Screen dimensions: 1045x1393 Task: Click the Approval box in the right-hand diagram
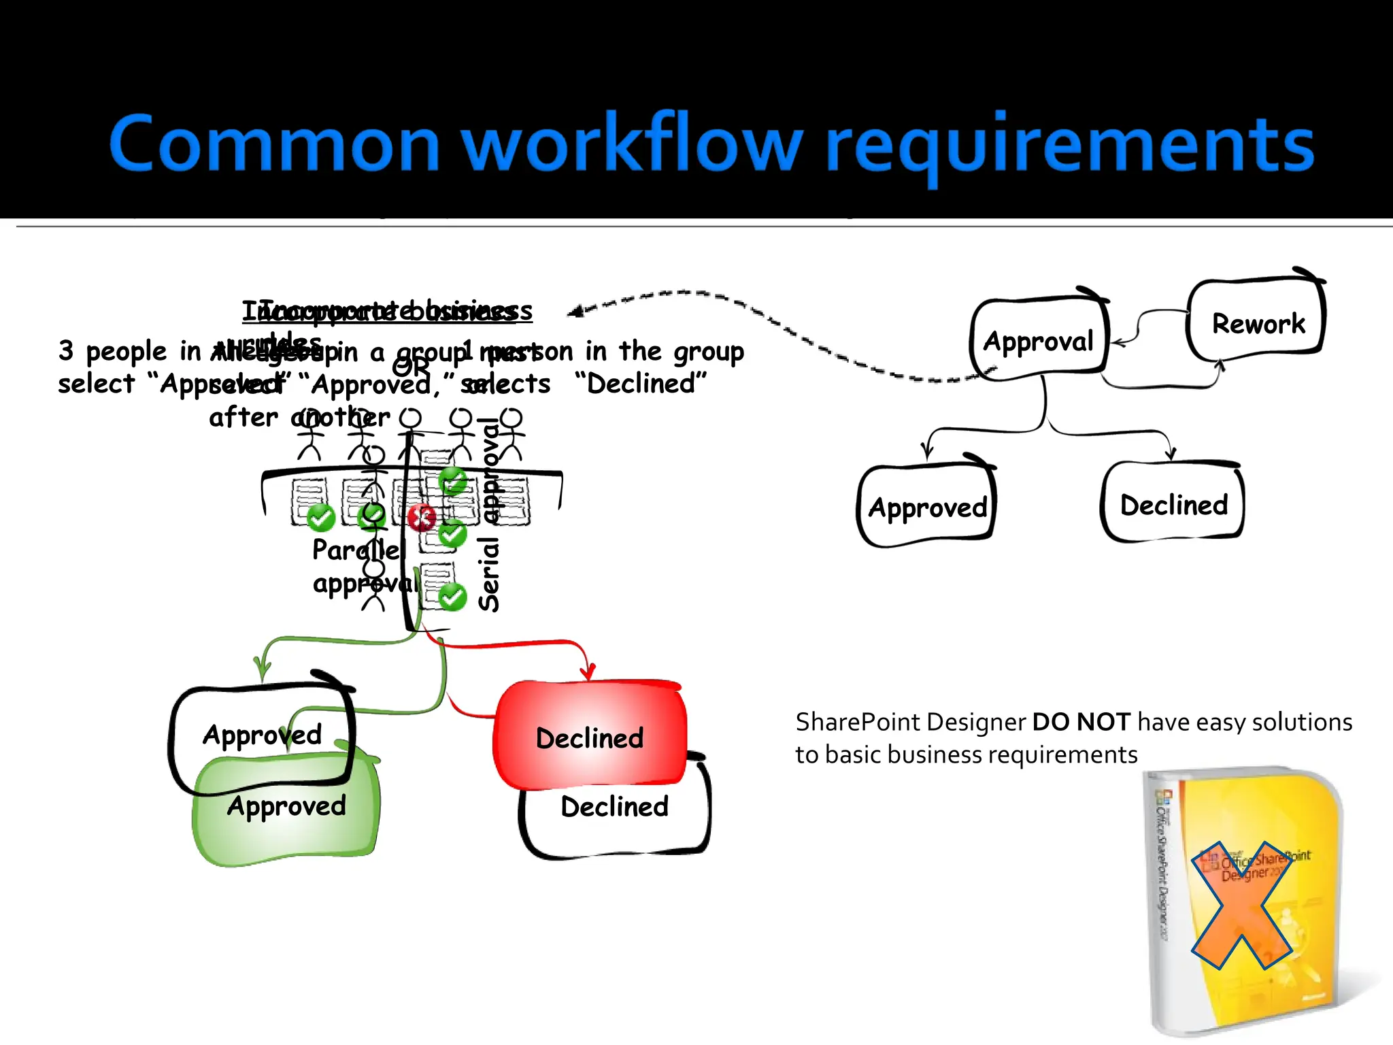[x=1038, y=339]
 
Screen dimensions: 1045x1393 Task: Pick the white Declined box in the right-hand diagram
[x=1173, y=504]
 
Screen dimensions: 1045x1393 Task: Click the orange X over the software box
[x=1241, y=905]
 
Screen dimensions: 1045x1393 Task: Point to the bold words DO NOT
[x=1081, y=722]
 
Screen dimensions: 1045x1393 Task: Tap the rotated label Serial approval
[x=490, y=517]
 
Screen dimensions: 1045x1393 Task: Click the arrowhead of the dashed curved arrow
[x=575, y=312]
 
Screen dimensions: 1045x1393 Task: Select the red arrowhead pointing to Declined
[x=588, y=671]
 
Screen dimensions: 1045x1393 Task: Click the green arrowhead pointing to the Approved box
[x=261, y=670]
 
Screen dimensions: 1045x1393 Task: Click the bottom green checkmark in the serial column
[x=452, y=597]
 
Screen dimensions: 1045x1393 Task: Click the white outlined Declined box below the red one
[x=614, y=820]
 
